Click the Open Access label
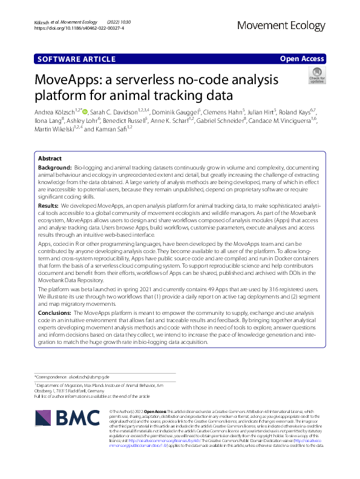(x=302, y=59)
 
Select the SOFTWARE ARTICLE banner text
(x=76, y=59)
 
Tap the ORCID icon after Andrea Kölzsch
(x=85, y=112)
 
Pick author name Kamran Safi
(x=111, y=130)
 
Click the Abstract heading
(x=50, y=159)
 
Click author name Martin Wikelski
(x=53, y=130)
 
